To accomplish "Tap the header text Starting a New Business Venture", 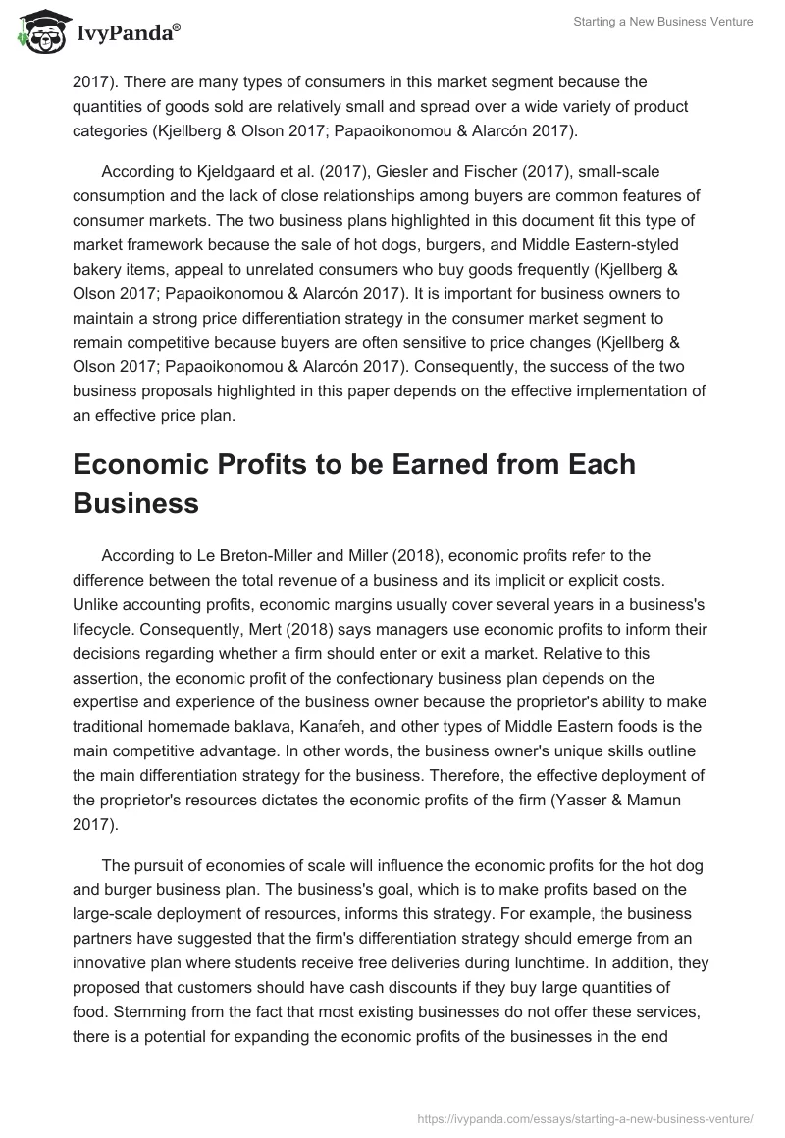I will tap(665, 23).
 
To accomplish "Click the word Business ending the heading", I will tap(135, 503).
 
